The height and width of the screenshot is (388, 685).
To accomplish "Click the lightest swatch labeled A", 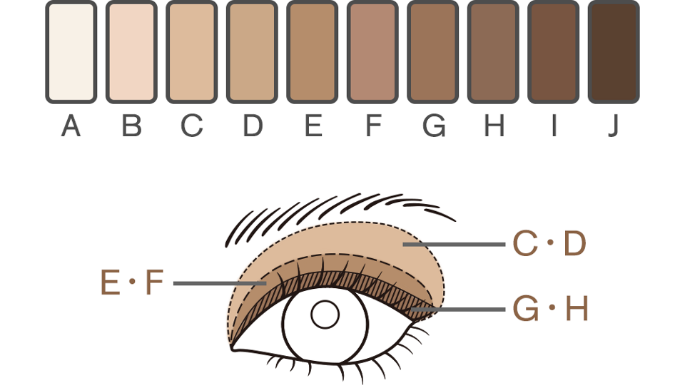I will (x=71, y=52).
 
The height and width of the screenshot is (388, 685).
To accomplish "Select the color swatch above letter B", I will (x=131, y=52).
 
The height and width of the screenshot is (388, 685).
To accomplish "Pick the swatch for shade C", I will (x=191, y=52).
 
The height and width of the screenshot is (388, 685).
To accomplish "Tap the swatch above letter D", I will (x=252, y=52).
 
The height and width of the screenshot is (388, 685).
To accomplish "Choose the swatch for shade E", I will (x=312, y=52).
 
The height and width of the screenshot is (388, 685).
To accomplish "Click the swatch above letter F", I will (x=372, y=52).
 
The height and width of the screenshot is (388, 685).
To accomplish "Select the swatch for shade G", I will (x=432, y=52).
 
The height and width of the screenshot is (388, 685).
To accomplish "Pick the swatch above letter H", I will (x=493, y=52).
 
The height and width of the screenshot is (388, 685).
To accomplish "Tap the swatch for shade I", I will (x=553, y=52).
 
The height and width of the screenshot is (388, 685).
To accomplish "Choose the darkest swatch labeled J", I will (x=614, y=52).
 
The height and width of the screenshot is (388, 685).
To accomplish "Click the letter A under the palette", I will (x=71, y=126).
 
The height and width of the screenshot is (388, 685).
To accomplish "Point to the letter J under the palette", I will (x=614, y=126).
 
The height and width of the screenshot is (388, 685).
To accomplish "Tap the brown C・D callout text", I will (x=549, y=245).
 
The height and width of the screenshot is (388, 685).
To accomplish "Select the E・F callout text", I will (x=133, y=283).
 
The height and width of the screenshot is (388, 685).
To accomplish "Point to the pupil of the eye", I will (x=325, y=314).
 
